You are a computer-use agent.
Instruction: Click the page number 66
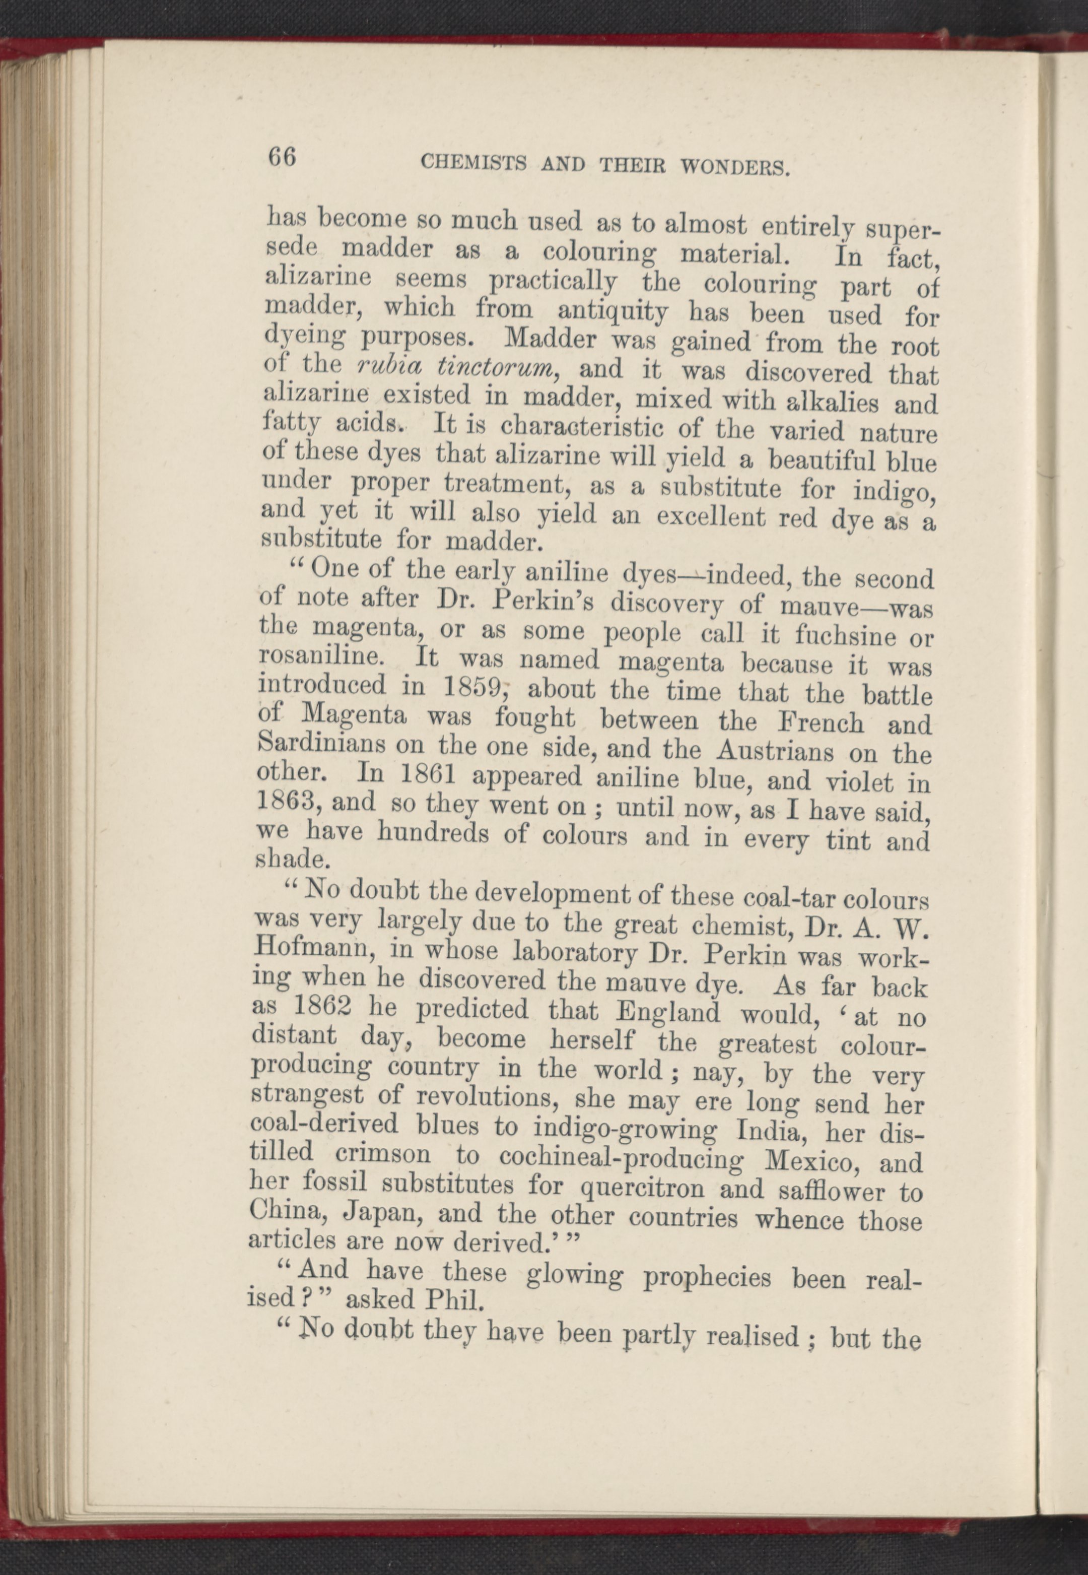click(282, 158)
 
